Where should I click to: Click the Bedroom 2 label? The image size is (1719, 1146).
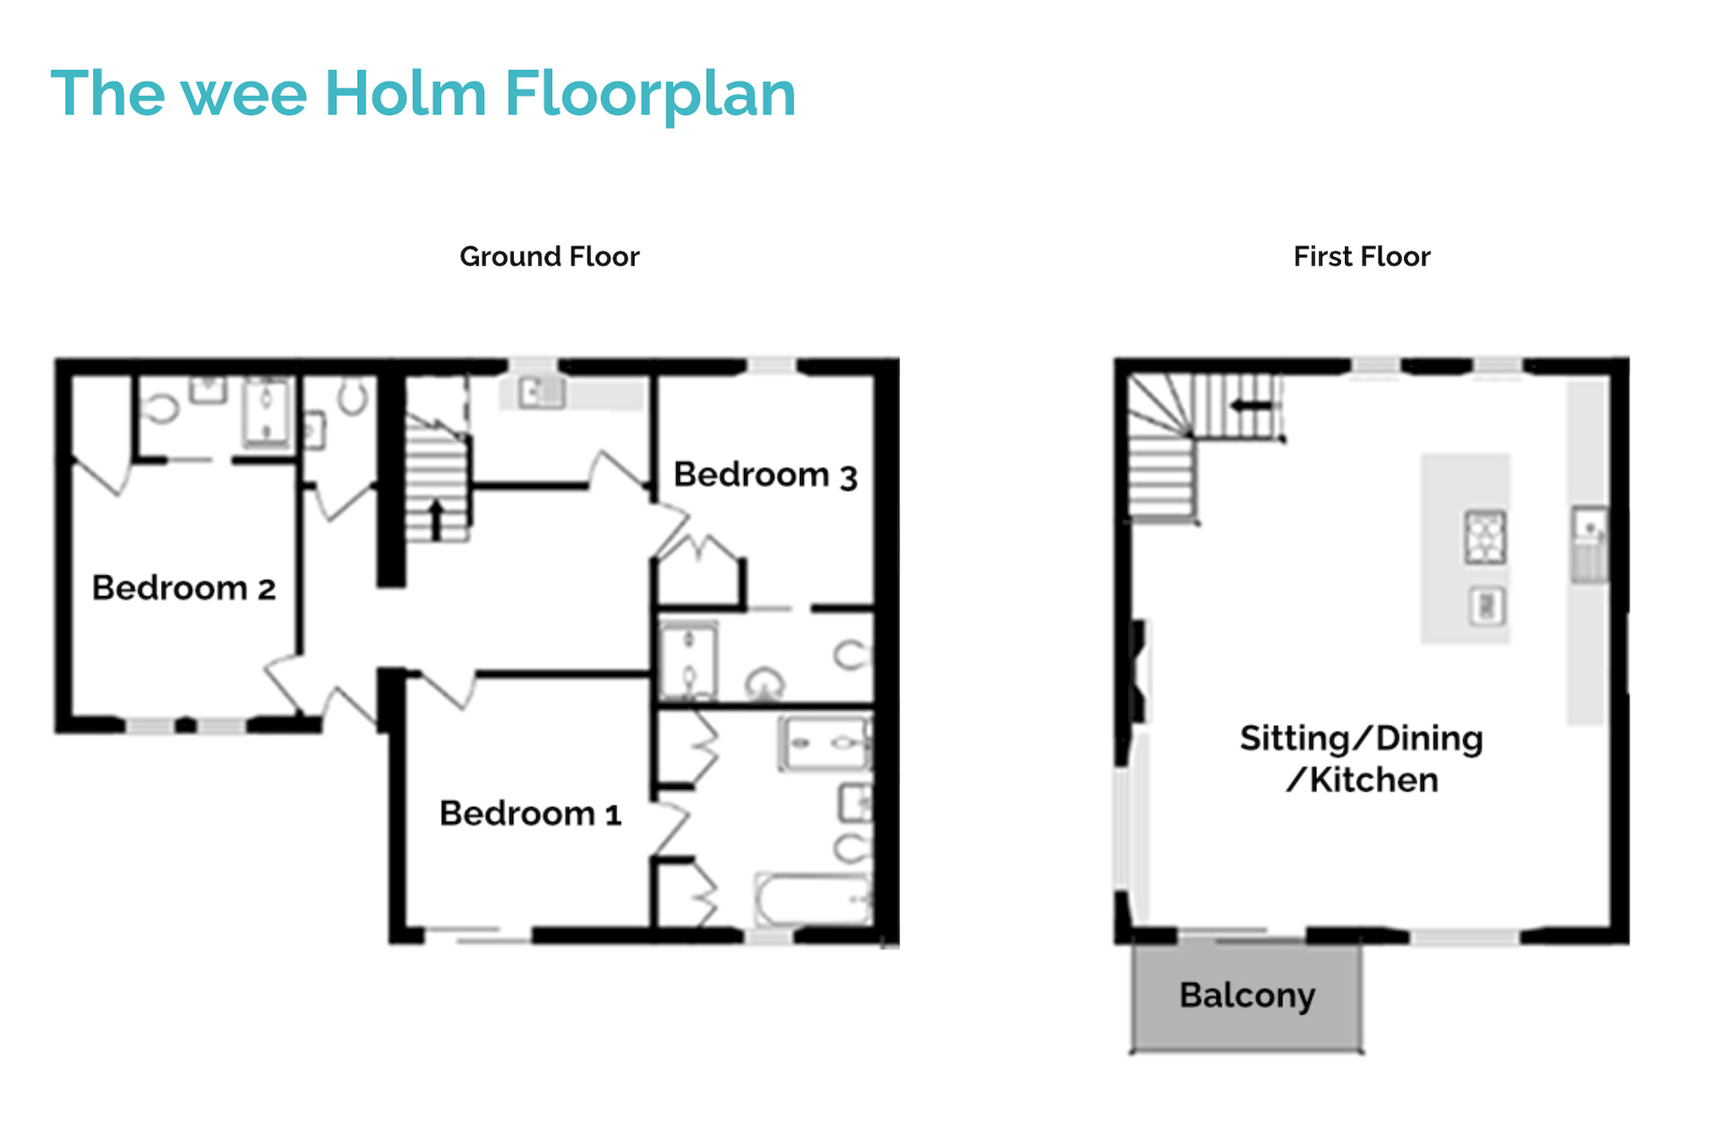183,588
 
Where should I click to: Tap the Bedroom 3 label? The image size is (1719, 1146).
765,475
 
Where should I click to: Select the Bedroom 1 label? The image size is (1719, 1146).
530,814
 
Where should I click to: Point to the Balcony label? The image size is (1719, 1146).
1247,996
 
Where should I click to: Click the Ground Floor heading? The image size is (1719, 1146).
550,256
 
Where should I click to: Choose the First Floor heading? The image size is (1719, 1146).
1362,256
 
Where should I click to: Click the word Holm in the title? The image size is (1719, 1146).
406,93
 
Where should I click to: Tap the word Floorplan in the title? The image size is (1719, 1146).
650,97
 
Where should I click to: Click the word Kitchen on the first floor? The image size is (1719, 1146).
1373,781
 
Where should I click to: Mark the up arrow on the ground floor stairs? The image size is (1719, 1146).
436,520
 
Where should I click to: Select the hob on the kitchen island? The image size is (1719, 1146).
1485,537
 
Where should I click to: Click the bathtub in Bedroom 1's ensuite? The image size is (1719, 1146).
812,900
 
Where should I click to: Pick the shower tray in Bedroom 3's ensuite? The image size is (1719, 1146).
688,661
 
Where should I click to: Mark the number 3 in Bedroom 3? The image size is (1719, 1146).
848,478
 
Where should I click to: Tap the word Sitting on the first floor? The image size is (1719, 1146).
1295,739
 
